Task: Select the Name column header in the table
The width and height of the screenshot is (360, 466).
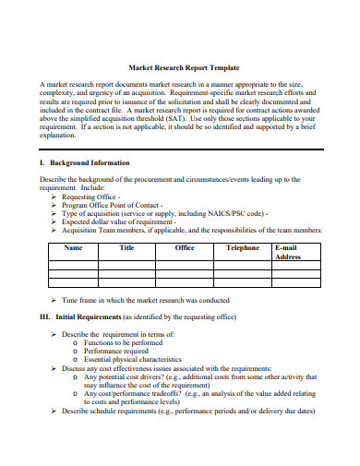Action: click(x=73, y=248)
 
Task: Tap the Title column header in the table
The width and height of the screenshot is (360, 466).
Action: click(x=127, y=248)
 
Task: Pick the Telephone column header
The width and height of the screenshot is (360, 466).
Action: click(x=243, y=248)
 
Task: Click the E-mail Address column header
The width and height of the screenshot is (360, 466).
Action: click(x=288, y=252)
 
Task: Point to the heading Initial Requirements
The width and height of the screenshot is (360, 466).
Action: click(x=93, y=317)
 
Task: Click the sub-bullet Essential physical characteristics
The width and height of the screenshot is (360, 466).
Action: click(x=133, y=360)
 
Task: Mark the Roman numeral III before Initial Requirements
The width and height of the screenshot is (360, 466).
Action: click(x=45, y=317)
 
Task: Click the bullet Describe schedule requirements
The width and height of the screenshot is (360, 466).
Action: click(x=111, y=411)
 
